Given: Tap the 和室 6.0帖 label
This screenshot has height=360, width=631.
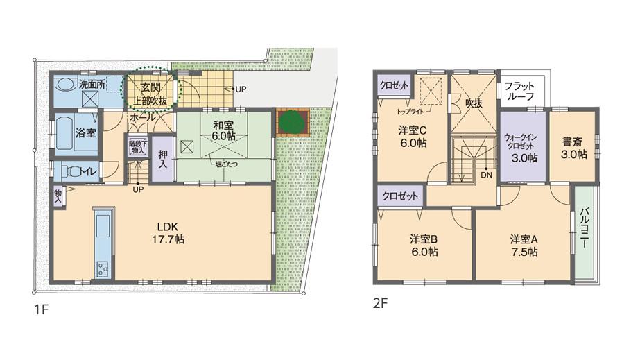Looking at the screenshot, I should [x=223, y=131].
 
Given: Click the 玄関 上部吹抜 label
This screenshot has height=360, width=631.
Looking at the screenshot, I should [x=150, y=94].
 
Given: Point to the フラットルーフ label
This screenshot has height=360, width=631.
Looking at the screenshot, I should [x=519, y=91].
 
